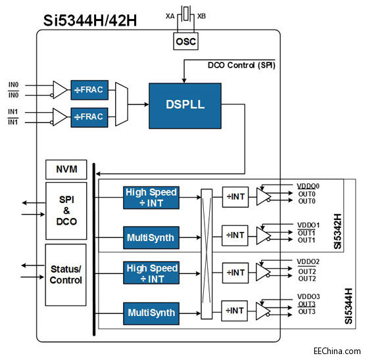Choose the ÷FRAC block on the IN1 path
point(89,117)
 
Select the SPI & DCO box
point(66,210)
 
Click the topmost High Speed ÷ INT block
point(151,196)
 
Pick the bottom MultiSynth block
point(151,313)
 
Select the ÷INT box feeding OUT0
point(235,196)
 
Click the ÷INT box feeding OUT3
point(235,311)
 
